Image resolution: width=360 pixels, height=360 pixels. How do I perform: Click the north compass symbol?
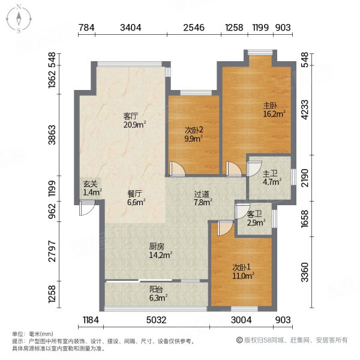point(19,19)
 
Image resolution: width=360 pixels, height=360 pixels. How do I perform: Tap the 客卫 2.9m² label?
point(255,219)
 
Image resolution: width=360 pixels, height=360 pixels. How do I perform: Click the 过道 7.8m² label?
point(202,198)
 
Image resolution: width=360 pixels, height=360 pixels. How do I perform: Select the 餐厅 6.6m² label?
point(135,198)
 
